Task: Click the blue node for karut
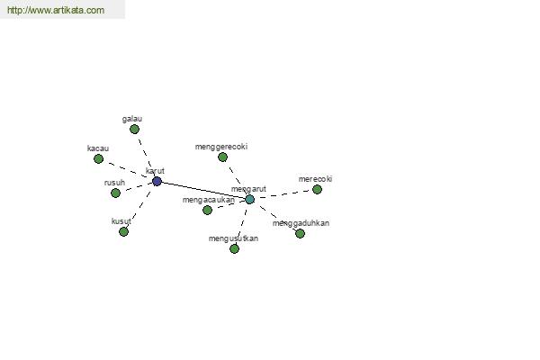click(x=157, y=181)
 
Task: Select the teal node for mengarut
click(x=249, y=199)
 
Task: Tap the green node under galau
click(x=134, y=130)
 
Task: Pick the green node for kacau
click(x=98, y=158)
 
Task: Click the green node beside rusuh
click(x=116, y=193)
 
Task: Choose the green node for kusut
click(x=123, y=232)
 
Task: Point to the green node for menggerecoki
click(x=223, y=157)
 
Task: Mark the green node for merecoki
click(x=317, y=190)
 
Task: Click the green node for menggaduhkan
click(x=300, y=234)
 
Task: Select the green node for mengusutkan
click(x=234, y=248)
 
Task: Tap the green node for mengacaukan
click(x=207, y=210)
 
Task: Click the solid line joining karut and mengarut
click(x=203, y=190)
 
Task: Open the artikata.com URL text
click(x=56, y=10)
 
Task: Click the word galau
click(x=132, y=119)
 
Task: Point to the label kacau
click(x=98, y=148)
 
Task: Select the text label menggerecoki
click(x=221, y=147)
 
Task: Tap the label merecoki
click(x=315, y=179)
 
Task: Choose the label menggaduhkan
click(x=301, y=223)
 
